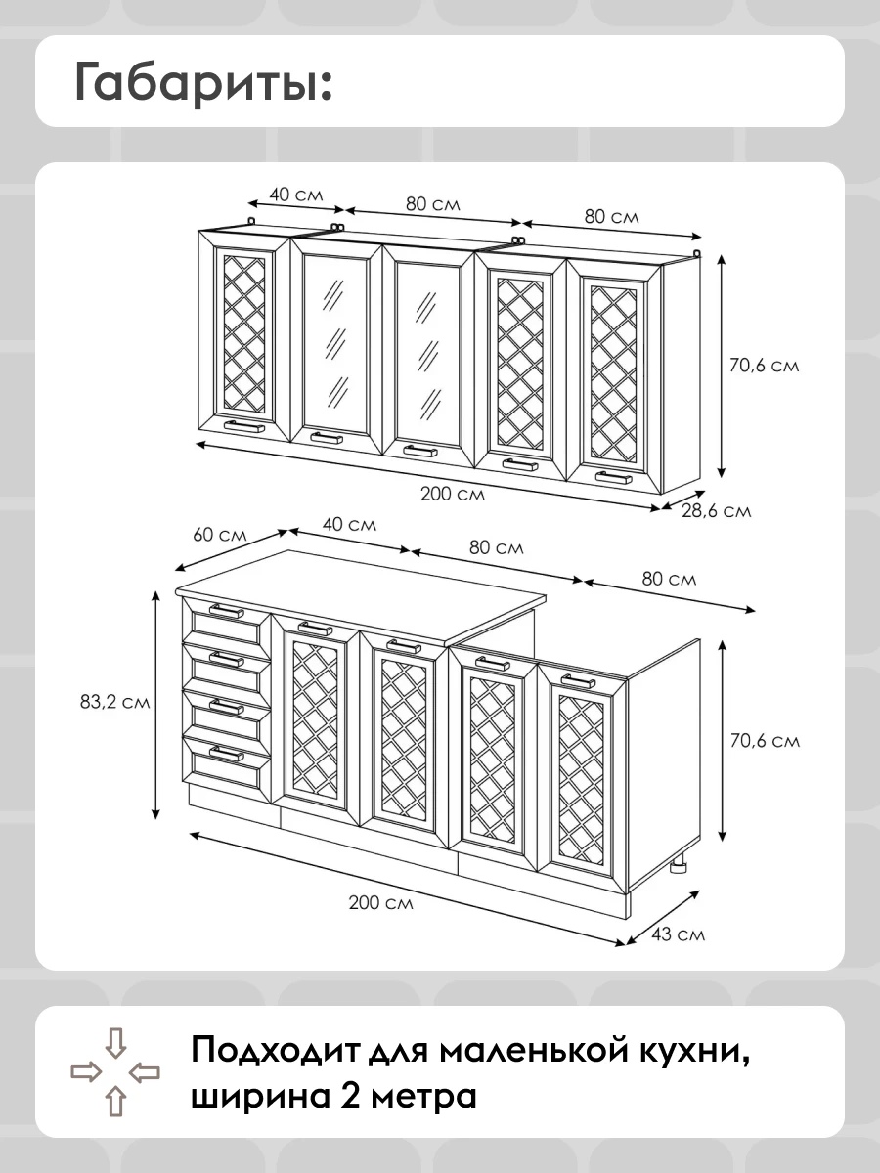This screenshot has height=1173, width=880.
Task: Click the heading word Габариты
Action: click(203, 82)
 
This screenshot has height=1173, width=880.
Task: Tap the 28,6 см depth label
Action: click(716, 511)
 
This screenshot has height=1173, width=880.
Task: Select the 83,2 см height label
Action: click(114, 702)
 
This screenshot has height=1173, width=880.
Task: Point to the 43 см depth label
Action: click(678, 934)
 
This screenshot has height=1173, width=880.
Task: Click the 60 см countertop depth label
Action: click(220, 535)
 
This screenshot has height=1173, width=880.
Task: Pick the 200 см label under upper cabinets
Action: click(453, 494)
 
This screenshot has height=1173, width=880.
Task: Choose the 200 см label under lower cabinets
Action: click(381, 902)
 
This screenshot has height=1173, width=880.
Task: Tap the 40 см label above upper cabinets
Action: click(296, 195)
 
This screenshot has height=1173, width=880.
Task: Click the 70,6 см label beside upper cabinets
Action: click(764, 366)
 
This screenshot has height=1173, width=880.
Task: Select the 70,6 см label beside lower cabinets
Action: click(765, 741)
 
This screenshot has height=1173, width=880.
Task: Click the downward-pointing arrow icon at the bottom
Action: click(115, 1042)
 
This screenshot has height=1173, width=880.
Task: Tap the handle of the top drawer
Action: click(227, 611)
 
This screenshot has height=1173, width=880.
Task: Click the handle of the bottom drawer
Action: click(227, 754)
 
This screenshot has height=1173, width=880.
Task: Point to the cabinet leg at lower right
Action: click(680, 865)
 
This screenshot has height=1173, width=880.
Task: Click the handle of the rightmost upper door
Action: click(614, 477)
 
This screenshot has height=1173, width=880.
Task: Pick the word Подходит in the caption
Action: click(275, 1052)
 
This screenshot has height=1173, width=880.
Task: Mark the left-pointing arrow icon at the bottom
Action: click(145, 1071)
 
